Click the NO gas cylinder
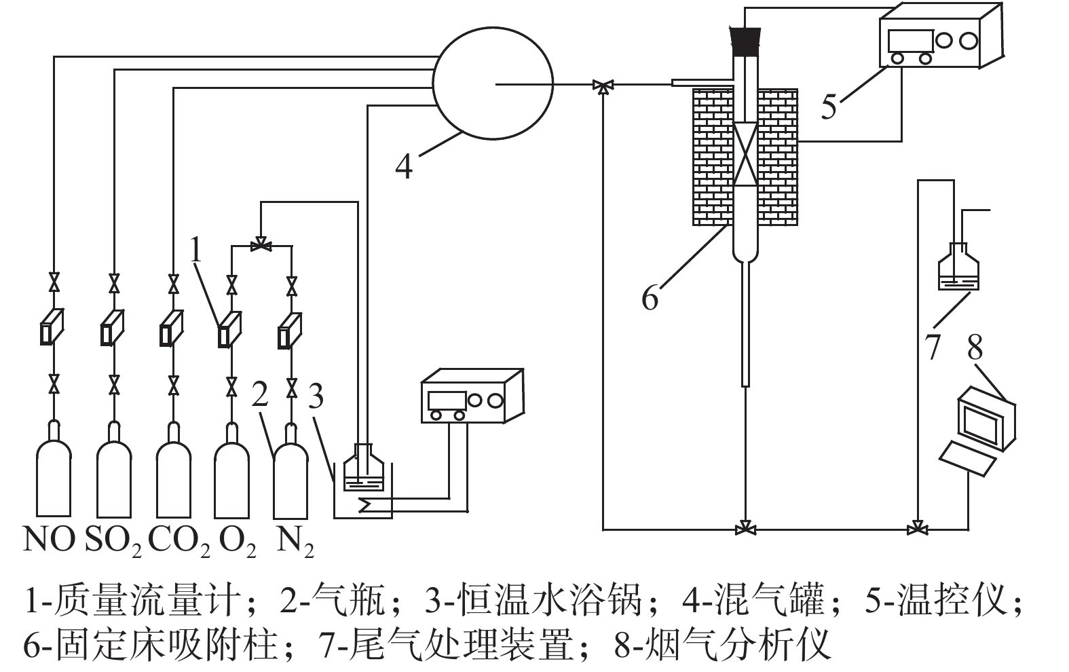tap(54, 475)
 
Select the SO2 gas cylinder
tap(114, 475)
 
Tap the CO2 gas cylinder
tap(174, 475)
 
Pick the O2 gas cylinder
tap(231, 475)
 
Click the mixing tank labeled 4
tap(492, 83)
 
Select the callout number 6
tap(650, 297)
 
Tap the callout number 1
tap(196, 250)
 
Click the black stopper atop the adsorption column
tap(745, 41)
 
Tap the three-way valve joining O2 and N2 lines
tap(260, 245)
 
